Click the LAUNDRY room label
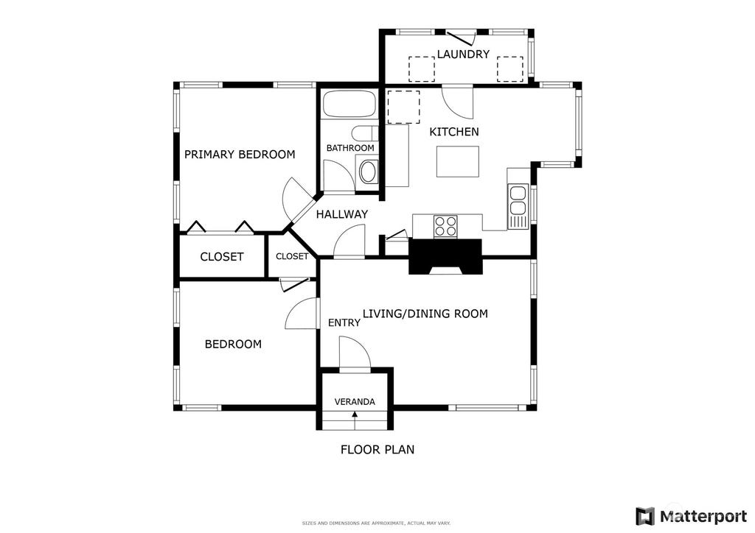click(463, 54)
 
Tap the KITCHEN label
click(454, 132)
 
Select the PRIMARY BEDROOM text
click(240, 155)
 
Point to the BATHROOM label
click(350, 148)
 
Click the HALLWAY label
click(342, 214)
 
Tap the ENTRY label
click(344, 323)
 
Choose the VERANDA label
click(355, 402)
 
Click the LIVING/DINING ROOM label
click(425, 314)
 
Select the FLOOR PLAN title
click(377, 449)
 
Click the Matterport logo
click(692, 516)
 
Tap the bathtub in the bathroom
click(349, 103)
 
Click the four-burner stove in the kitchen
click(445, 226)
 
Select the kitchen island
click(458, 161)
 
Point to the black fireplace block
click(445, 257)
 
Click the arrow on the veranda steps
click(355, 420)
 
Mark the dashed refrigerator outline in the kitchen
click(403, 107)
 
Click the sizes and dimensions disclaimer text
click(376, 523)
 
